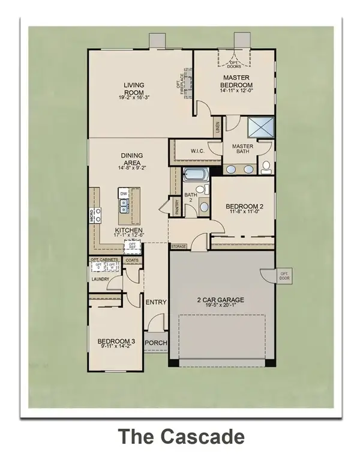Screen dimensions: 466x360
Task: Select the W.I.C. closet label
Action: pos(198,150)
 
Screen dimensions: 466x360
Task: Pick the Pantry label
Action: pos(176,207)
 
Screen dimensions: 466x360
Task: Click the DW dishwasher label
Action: pos(123,193)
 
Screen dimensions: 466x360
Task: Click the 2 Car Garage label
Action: pos(222,300)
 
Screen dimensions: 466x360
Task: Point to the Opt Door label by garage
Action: pos(284,276)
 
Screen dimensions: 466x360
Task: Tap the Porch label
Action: pos(156,343)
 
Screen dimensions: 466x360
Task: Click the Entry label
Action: pos(156,302)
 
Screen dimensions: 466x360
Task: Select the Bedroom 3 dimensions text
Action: pos(116,346)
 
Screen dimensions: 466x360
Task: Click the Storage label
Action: pos(179,246)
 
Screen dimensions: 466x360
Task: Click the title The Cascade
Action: pos(180,437)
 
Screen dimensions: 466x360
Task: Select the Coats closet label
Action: pos(133,260)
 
